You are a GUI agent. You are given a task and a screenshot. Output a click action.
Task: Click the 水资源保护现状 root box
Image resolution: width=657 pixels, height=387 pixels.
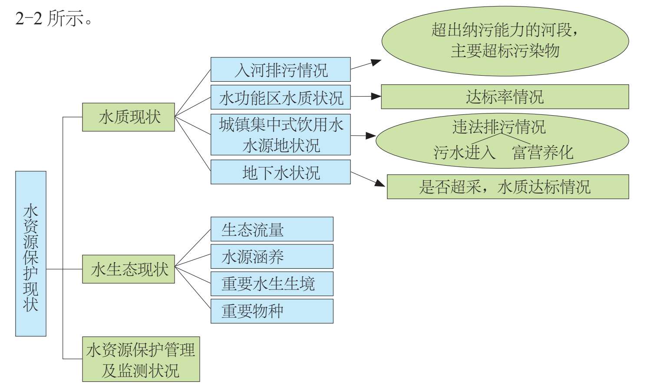[x=31, y=254]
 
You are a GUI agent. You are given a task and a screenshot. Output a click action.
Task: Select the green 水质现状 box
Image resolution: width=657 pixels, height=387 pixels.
[x=129, y=117]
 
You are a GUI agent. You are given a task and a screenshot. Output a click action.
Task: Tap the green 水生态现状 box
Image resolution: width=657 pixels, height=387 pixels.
[x=129, y=269]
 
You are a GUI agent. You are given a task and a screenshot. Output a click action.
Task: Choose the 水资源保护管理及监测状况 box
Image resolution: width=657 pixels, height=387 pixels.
[x=141, y=359]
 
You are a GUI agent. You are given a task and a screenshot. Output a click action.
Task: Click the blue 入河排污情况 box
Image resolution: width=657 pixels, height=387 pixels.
[x=281, y=70]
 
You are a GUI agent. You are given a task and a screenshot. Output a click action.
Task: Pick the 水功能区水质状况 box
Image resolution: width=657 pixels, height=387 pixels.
[x=281, y=97]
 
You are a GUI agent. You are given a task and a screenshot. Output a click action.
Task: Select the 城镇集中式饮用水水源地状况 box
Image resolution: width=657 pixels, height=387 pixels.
[x=281, y=134]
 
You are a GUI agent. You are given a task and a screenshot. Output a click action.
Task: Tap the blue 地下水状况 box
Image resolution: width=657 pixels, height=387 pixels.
[x=281, y=172]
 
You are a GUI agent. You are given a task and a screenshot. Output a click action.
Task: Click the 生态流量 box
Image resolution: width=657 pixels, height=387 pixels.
[x=272, y=229]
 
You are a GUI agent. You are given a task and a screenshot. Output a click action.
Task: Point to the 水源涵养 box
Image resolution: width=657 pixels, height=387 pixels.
[x=272, y=257]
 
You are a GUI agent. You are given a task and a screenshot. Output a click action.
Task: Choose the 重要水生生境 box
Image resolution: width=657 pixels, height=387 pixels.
[x=272, y=284]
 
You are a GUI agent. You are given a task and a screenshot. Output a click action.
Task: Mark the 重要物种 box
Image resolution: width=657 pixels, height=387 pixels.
[x=272, y=311]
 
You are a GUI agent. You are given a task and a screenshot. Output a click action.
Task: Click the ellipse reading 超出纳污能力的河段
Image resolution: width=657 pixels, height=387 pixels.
[x=505, y=41]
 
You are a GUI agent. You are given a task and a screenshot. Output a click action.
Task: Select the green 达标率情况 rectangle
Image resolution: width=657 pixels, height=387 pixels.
[x=505, y=97]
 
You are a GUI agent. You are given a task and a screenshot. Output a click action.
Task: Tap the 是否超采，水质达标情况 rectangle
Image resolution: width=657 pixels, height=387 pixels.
[x=508, y=187]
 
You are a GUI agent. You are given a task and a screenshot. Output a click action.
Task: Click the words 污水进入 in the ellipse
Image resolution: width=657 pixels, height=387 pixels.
[x=464, y=152]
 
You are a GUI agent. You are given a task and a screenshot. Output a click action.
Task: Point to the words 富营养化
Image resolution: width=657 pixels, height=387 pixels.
[x=542, y=152]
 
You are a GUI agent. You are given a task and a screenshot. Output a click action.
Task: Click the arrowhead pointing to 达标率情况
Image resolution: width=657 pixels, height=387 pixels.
[x=376, y=96]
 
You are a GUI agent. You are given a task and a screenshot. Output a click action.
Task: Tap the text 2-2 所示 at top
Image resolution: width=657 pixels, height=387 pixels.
[x=53, y=19]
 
